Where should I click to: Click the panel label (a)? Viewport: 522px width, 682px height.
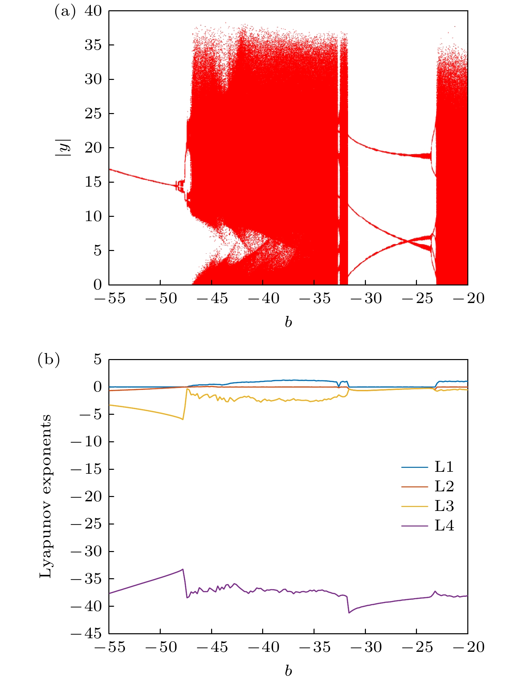coord(65,12)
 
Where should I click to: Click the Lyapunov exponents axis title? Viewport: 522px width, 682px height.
coord(45,496)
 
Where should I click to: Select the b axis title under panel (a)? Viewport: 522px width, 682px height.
coord(288,322)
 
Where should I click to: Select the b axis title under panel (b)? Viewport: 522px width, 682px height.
coord(288,670)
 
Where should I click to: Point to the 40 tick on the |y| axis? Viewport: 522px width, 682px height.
coord(93,11)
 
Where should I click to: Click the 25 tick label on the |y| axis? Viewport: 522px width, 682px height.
coord(93,114)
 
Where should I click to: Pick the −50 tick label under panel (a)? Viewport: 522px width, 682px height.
coord(160,299)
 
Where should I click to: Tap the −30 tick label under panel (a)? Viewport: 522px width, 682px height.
coord(365,299)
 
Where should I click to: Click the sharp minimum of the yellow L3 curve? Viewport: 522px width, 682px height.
coord(183,419)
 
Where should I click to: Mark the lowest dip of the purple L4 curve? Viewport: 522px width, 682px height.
coord(349,612)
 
